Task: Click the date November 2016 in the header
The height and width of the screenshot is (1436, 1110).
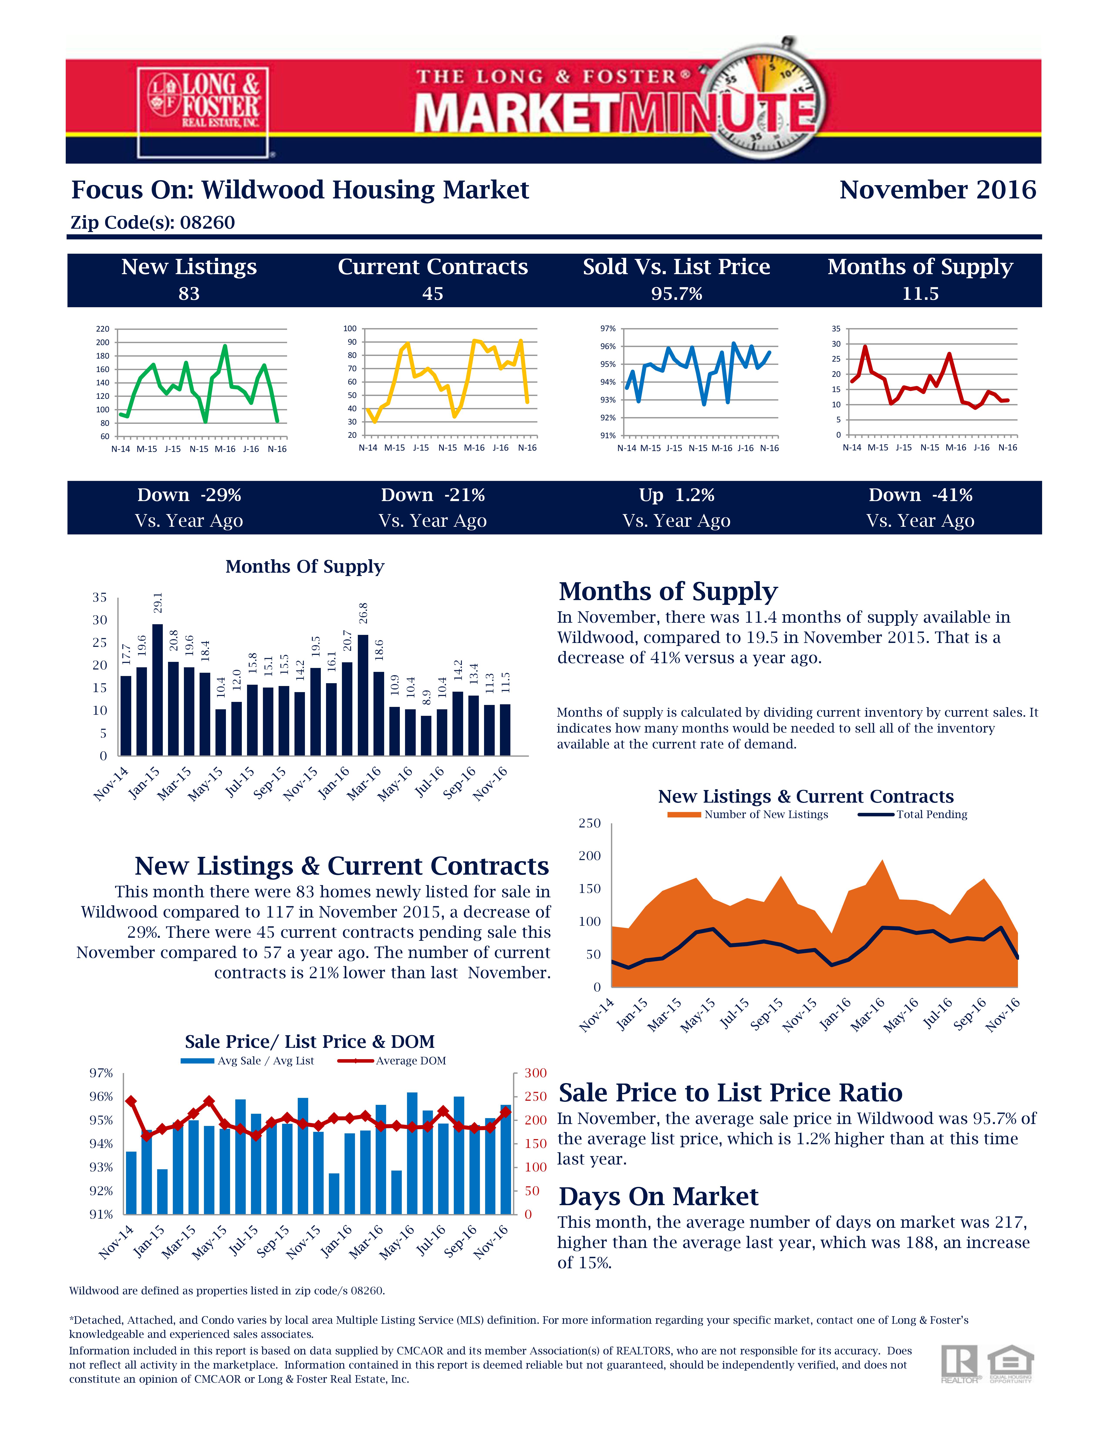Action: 938,190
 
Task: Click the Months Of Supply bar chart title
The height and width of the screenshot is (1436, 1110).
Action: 304,567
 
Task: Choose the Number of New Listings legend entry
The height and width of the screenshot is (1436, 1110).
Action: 748,814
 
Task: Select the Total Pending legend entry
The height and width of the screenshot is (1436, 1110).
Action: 913,814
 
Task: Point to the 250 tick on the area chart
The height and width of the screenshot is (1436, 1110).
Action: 590,823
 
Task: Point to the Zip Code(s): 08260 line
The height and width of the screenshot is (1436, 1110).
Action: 153,222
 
